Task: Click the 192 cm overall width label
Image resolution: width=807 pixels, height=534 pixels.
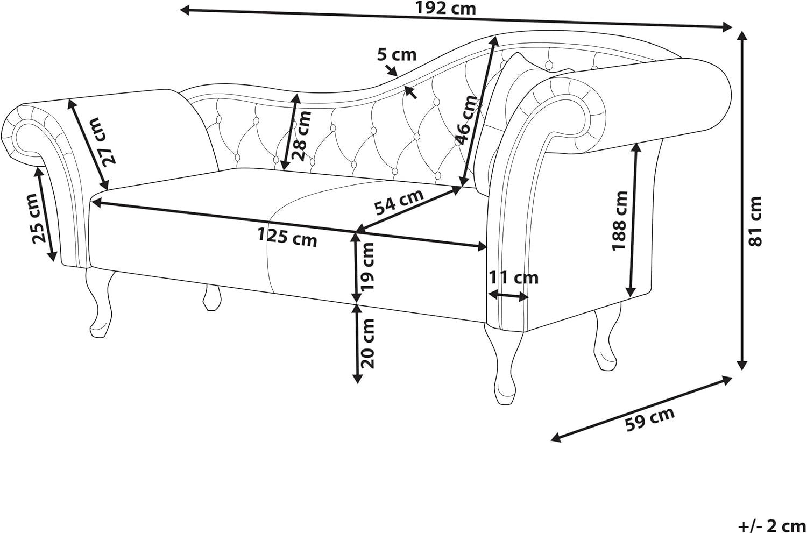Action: pyautogui.click(x=446, y=8)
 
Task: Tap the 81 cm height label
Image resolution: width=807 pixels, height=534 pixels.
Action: pyautogui.click(x=755, y=222)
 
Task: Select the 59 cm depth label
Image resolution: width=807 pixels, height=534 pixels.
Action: pyautogui.click(x=649, y=419)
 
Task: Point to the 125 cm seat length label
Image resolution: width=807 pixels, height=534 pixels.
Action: pyautogui.click(x=287, y=237)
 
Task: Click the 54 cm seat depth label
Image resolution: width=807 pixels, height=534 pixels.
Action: pyautogui.click(x=399, y=202)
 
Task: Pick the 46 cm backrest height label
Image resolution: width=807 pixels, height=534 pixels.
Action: pyautogui.click(x=466, y=120)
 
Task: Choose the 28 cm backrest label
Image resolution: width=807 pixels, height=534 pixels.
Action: pyautogui.click(x=301, y=136)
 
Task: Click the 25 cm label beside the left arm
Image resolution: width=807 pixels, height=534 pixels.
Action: pyautogui.click(x=39, y=218)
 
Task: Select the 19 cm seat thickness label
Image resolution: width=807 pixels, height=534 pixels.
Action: pyautogui.click(x=367, y=266)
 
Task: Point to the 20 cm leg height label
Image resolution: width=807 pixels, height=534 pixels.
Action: pyautogui.click(x=367, y=344)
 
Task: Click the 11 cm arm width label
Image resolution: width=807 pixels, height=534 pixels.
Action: pyautogui.click(x=513, y=277)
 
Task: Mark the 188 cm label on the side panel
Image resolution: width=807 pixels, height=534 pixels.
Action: pyautogui.click(x=620, y=220)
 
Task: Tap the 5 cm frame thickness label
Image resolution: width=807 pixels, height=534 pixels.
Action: pyautogui.click(x=397, y=55)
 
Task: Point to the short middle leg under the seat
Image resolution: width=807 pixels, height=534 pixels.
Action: pyautogui.click(x=211, y=298)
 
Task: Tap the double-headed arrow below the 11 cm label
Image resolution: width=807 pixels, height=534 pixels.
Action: pyautogui.click(x=508, y=296)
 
